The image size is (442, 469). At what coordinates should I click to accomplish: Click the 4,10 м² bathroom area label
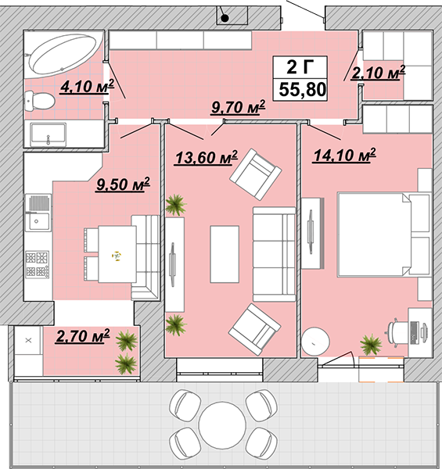coord(87,87)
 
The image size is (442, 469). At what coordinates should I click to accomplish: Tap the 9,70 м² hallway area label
coord(238,107)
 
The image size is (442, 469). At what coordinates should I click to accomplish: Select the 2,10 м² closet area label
coord(379,73)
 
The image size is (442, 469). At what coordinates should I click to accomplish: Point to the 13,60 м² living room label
coord(206,157)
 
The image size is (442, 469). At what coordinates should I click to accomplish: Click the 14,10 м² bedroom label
coord(344,156)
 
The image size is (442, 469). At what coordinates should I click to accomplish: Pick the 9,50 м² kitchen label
coord(123,184)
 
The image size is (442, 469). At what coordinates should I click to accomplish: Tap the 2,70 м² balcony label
coord(83,336)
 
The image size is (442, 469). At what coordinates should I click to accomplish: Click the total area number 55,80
coord(302,89)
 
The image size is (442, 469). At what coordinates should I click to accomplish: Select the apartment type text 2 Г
coord(300,66)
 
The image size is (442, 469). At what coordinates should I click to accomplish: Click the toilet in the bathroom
coord(39,100)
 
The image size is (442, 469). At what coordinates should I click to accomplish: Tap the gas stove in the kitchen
coord(37,264)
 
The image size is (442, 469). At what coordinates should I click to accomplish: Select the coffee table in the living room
coord(225,254)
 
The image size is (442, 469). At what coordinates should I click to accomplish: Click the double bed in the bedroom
coord(384,234)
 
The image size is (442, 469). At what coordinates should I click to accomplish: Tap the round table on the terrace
coord(222,425)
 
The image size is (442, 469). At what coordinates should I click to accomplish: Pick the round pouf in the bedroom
coord(315,342)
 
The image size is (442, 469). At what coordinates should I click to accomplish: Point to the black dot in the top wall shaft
coord(225,19)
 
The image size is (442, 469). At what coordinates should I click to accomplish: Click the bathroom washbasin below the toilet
coord(49,134)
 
